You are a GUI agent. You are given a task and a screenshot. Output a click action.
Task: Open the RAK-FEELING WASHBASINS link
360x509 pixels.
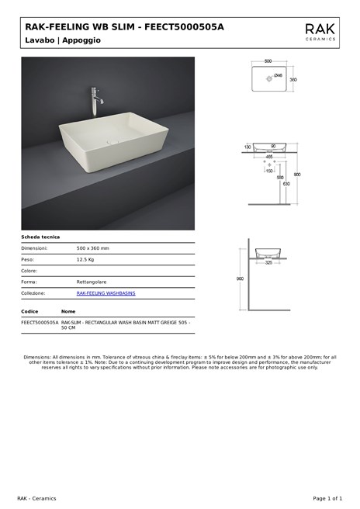(106, 293)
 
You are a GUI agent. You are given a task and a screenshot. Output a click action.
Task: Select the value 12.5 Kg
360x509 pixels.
(85, 259)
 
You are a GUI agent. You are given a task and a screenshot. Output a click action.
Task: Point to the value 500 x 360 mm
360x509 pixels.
(93, 248)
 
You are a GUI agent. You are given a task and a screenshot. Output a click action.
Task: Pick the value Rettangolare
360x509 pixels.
(92, 282)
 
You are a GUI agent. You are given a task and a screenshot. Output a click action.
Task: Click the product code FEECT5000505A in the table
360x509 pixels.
(40, 321)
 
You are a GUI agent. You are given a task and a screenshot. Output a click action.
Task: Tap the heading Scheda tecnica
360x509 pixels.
(40, 237)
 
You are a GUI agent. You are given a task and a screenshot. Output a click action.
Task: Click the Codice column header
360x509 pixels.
(29, 310)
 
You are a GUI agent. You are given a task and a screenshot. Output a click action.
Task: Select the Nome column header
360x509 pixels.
(68, 310)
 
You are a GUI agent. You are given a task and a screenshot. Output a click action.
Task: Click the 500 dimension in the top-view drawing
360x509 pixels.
(268, 61)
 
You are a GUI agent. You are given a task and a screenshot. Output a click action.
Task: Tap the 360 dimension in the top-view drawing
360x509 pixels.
(293, 79)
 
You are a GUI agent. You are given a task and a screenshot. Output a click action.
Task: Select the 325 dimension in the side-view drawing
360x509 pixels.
(268, 263)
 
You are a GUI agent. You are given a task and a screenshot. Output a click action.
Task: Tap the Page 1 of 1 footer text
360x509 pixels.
(327, 498)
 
